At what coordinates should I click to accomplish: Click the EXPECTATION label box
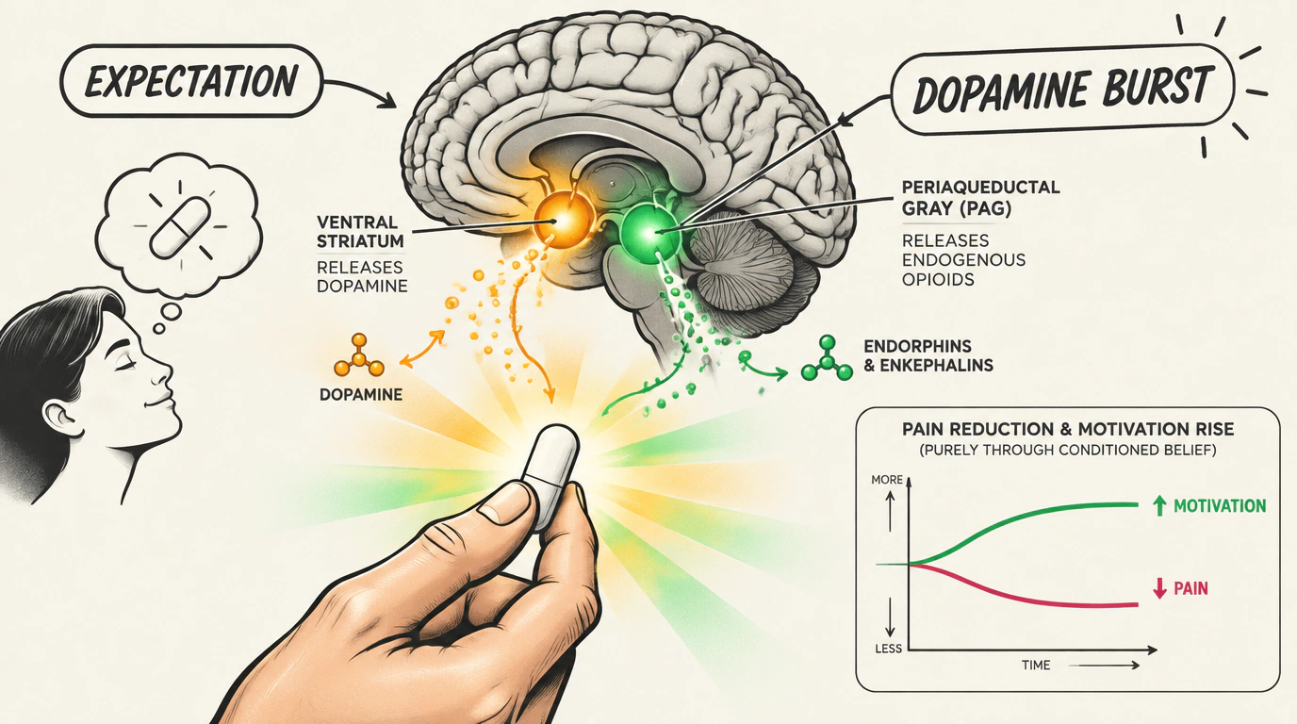point(191,81)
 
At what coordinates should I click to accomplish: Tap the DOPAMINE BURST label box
point(1062,90)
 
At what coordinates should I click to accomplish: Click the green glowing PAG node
point(648,233)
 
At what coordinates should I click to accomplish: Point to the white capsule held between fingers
point(551,476)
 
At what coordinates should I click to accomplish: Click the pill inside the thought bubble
point(180,227)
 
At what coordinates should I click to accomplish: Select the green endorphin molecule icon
point(827,358)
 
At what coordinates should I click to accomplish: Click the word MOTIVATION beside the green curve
point(1220,506)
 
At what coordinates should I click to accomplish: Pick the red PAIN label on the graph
point(1190,588)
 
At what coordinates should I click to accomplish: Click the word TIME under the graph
point(1036,665)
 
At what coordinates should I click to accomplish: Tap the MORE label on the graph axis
point(887,480)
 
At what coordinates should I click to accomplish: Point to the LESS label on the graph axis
point(888,649)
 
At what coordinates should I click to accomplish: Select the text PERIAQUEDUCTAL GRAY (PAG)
point(981,198)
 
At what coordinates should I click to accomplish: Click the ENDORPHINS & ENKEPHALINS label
point(928,355)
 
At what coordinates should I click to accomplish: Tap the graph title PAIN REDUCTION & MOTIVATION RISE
point(1068,429)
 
